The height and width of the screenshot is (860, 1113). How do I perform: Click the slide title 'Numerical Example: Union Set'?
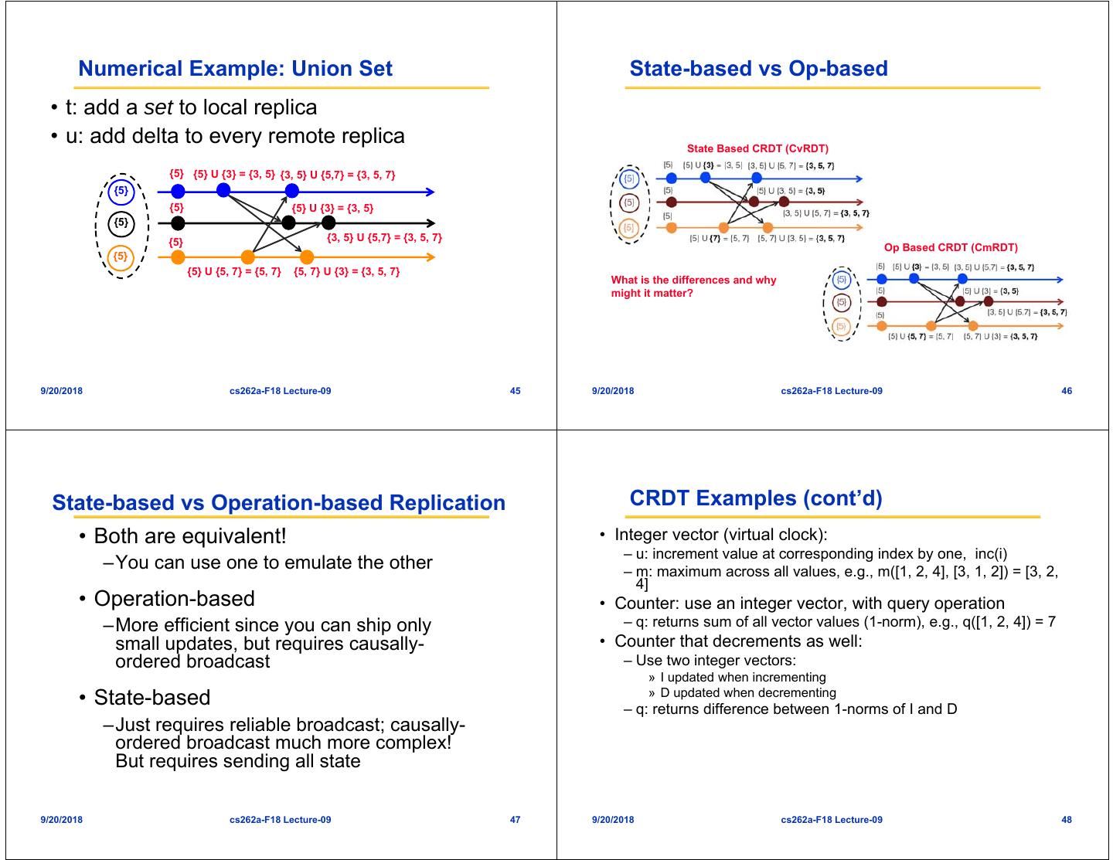coord(235,69)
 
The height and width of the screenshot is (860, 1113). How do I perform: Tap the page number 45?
coord(516,391)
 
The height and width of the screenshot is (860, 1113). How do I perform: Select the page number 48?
coord(1067,820)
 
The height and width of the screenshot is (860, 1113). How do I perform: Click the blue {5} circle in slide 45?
coord(121,190)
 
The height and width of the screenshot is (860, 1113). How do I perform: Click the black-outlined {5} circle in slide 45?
coord(121,223)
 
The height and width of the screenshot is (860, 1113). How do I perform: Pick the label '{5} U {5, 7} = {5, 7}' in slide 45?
coord(234,272)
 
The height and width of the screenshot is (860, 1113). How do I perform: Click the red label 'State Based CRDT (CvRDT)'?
coord(757,148)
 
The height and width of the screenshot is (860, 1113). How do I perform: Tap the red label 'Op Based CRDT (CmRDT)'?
coord(951,248)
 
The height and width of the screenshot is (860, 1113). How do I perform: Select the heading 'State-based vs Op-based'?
coord(758,69)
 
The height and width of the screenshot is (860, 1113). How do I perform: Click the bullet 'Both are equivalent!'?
coord(189,535)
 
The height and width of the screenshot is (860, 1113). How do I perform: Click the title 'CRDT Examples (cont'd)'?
coord(755,498)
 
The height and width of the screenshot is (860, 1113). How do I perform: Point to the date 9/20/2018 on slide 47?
coord(61,820)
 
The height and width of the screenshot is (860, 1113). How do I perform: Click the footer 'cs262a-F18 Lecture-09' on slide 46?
coord(831,391)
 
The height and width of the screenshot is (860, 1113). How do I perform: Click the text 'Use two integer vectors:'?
coord(716,660)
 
